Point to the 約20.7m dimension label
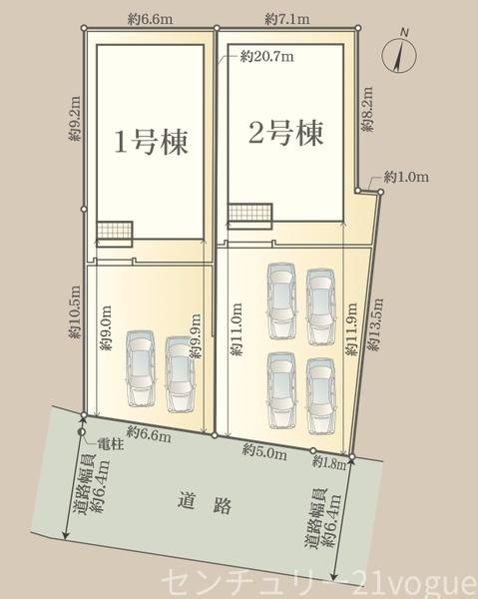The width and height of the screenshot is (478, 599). click(x=267, y=59)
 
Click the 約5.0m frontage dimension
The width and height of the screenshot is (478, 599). click(x=261, y=451)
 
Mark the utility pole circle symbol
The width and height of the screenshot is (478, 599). click(x=81, y=432)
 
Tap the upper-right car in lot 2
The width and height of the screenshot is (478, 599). click(x=320, y=300)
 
